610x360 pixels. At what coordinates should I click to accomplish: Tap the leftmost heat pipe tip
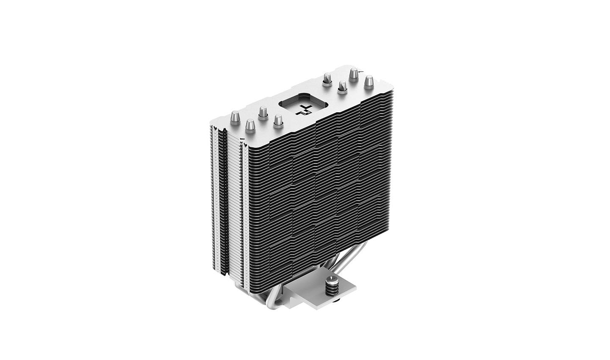coord(236,116)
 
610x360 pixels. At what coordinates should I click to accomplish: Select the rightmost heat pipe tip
coord(369,80)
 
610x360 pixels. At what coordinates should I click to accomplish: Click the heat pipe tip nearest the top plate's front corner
coord(249,125)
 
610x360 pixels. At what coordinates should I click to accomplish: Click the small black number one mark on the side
coord(240,138)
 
